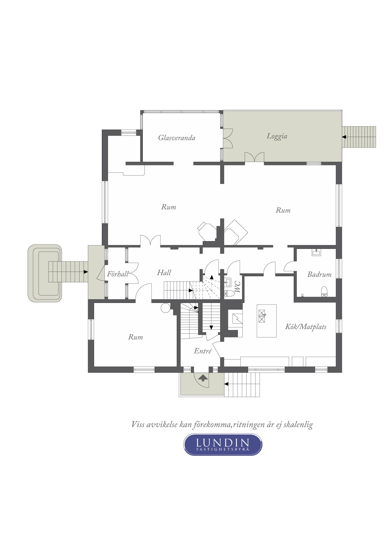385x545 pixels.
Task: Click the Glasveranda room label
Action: [x=177, y=138]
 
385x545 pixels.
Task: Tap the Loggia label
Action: [x=277, y=136]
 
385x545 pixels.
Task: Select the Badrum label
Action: [x=319, y=274]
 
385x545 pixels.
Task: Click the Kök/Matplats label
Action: [x=306, y=327]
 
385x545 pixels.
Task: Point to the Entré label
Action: [x=203, y=351]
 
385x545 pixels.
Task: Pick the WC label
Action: [x=238, y=287]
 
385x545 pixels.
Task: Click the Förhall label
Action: [x=118, y=274]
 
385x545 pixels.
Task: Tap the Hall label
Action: [x=164, y=272]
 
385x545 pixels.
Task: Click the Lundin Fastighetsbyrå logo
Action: [x=223, y=444]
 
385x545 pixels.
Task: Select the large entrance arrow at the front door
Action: [x=203, y=378]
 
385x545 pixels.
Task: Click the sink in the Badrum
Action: [x=316, y=252]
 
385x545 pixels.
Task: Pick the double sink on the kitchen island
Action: [x=262, y=317]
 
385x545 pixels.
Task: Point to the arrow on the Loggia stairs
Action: [x=344, y=137]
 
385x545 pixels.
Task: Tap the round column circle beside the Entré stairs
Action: [x=165, y=308]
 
